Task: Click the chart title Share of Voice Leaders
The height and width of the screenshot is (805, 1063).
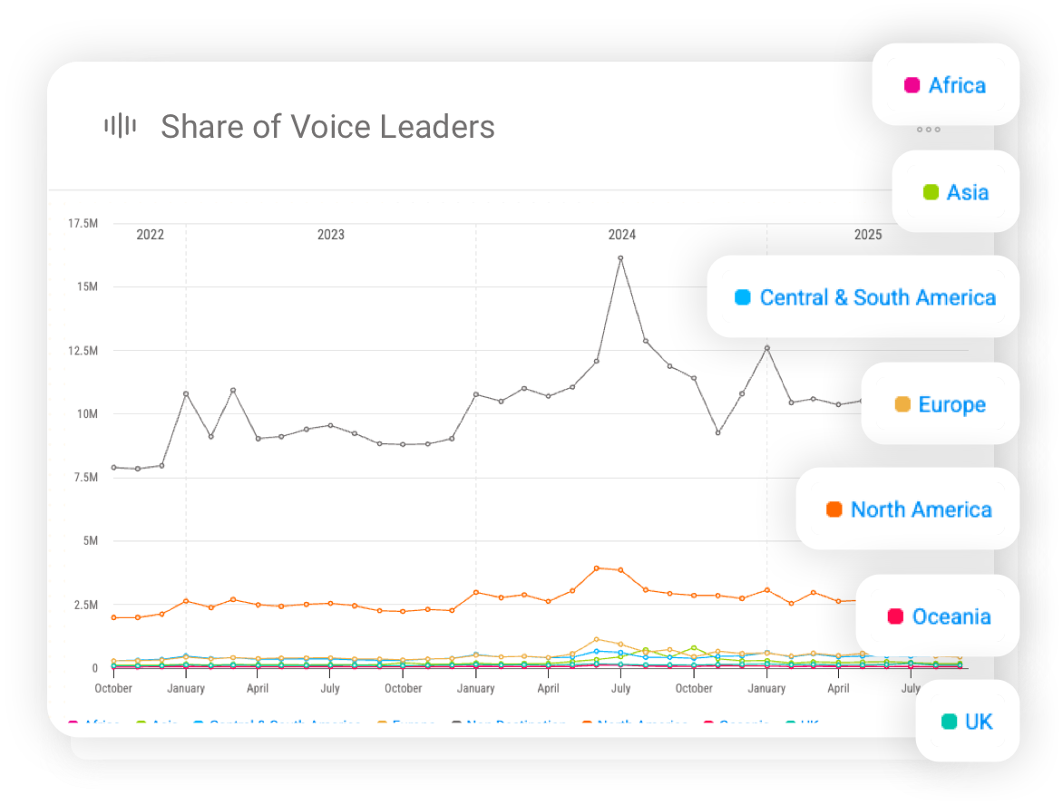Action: pyautogui.click(x=327, y=127)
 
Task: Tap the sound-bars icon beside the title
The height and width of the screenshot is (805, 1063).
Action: pyautogui.click(x=120, y=126)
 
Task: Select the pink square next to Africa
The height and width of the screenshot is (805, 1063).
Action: pyautogui.click(x=912, y=85)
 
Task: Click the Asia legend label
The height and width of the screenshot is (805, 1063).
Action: pyautogui.click(x=967, y=192)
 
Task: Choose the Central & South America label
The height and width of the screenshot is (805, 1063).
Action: pyautogui.click(x=877, y=297)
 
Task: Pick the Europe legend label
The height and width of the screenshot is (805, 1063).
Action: pyautogui.click(x=951, y=404)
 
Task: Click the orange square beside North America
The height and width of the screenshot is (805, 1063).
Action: pyautogui.click(x=834, y=509)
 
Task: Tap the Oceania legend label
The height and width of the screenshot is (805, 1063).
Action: pyautogui.click(x=951, y=616)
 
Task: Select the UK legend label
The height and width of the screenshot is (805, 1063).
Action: pyautogui.click(x=979, y=722)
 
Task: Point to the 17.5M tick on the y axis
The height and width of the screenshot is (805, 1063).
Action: pyautogui.click(x=83, y=223)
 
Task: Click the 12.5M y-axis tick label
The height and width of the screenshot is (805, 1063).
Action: pyautogui.click(x=83, y=351)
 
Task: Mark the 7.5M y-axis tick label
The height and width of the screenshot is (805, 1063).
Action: pyautogui.click(x=84, y=478)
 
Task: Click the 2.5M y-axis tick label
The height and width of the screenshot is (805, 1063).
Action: pyautogui.click(x=84, y=605)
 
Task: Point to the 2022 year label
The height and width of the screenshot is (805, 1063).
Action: pyautogui.click(x=150, y=235)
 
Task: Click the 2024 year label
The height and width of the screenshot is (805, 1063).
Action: pyautogui.click(x=621, y=235)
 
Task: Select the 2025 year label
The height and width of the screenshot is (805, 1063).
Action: pyautogui.click(x=867, y=235)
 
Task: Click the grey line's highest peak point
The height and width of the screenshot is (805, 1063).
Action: pyautogui.click(x=620, y=258)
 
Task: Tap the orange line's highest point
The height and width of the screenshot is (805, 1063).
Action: pyautogui.click(x=597, y=568)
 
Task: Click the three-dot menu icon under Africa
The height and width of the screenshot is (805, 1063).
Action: pyautogui.click(x=928, y=130)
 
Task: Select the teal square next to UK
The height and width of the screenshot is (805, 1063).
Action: pyautogui.click(x=949, y=722)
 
